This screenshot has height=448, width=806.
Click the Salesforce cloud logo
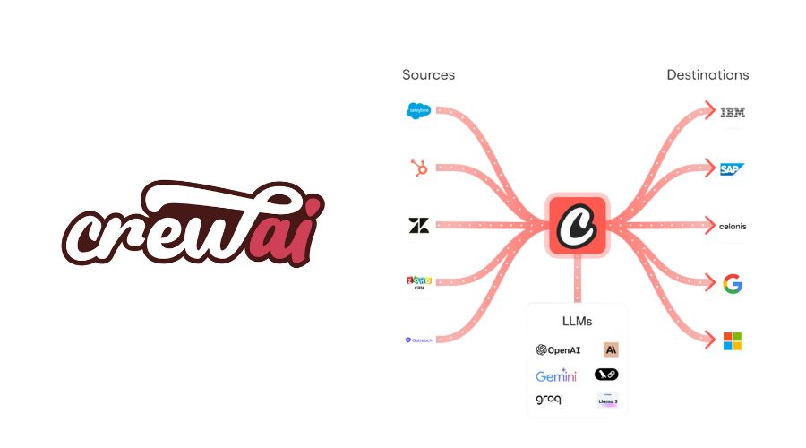[417, 111]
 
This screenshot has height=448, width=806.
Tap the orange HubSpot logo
[418, 168]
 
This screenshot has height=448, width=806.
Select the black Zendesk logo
[418, 225]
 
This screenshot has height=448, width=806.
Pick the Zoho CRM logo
[418, 282]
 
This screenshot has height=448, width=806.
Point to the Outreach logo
[418, 340]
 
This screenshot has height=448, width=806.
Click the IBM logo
[733, 112]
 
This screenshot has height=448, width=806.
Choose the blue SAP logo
[733, 168]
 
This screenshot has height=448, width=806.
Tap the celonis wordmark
[733, 227]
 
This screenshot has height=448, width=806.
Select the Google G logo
[733, 284]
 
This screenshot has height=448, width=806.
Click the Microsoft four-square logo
[733, 341]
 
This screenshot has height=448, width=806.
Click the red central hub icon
[578, 223]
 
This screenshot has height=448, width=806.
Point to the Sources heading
[428, 75]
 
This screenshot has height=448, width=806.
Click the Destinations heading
[707, 75]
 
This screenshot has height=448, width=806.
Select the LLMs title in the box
[578, 321]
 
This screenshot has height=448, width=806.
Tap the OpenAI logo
[558, 350]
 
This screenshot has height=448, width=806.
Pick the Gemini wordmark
[556, 375]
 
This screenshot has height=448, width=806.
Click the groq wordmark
[549, 400]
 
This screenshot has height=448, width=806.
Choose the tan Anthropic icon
[611, 350]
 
